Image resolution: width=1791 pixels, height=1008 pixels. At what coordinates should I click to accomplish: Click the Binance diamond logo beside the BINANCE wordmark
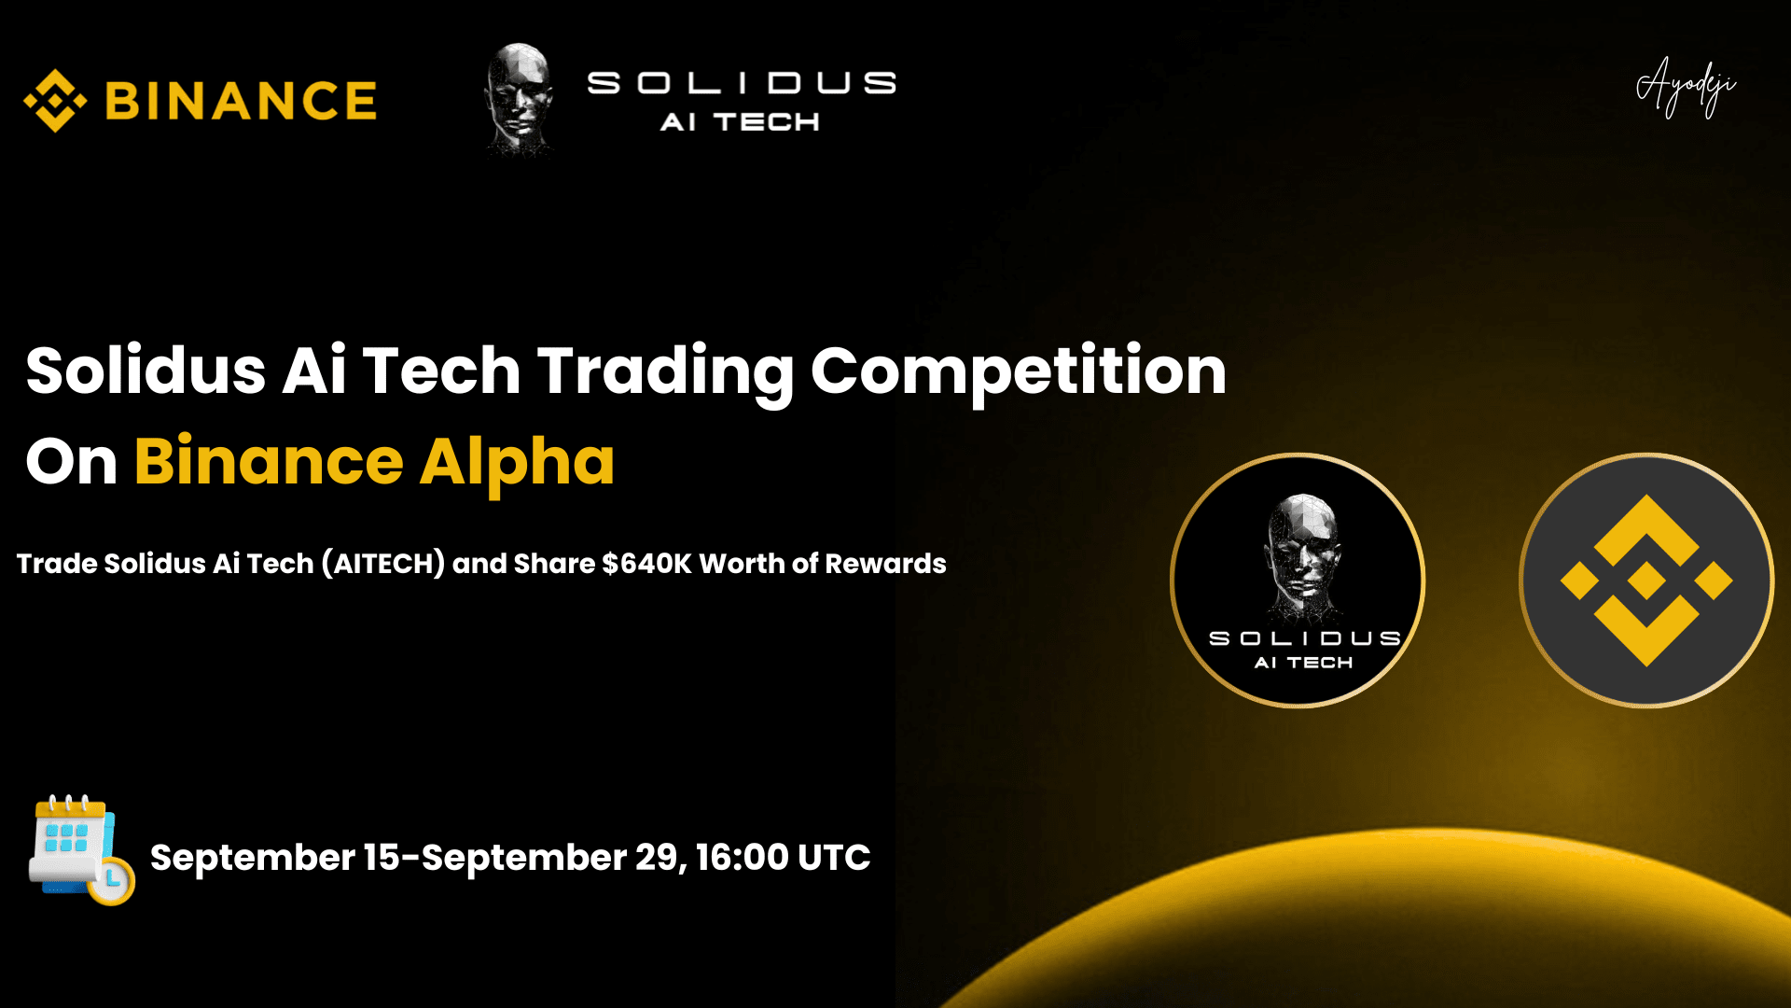55,101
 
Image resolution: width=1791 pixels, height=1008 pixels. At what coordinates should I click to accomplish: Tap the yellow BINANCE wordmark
241,101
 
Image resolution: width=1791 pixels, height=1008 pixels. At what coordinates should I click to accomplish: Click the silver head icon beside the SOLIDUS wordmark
520,98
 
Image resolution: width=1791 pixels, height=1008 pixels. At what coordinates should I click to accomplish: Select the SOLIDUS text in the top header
742,83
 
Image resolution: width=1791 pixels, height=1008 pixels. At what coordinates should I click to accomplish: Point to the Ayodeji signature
1687,87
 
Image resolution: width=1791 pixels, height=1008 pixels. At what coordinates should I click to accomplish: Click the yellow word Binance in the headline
269,461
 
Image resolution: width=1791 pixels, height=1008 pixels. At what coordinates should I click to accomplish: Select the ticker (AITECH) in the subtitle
383,564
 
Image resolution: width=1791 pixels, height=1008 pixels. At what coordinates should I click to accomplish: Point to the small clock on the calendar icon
111,879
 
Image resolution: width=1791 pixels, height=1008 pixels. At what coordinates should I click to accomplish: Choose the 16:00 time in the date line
742,858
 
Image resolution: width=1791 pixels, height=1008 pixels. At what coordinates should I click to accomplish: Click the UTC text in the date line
834,858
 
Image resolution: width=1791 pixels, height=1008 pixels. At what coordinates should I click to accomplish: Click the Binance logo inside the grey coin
1646,581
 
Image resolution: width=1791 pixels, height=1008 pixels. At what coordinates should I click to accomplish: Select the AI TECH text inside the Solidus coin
1303,663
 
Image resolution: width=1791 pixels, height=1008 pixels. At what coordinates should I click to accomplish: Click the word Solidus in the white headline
146,371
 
